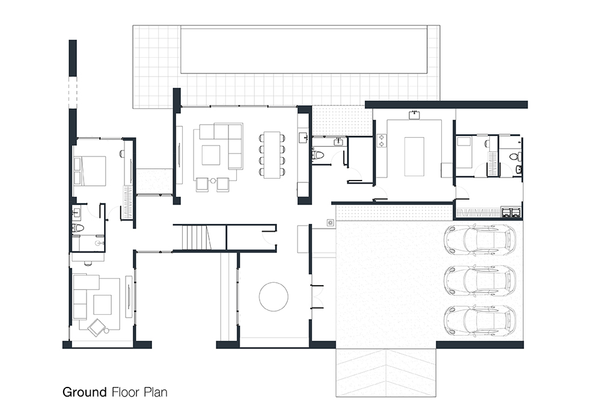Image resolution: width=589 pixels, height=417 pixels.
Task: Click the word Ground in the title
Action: pos(85,392)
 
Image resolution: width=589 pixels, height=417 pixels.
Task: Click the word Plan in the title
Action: pos(156,392)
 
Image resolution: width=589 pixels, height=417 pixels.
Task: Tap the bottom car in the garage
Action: pos(480,321)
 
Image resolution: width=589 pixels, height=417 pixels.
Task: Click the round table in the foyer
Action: pos(273,297)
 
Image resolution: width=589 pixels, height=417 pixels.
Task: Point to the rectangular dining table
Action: pos(272,155)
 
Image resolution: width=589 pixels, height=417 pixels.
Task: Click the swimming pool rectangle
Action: pos(304,49)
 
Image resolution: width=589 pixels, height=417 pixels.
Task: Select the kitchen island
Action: pos(414,156)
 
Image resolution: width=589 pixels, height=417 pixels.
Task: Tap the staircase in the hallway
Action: pos(195,237)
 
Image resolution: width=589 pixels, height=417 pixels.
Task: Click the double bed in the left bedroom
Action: pos(90,171)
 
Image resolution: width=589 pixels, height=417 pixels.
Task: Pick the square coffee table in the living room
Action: pos(211,155)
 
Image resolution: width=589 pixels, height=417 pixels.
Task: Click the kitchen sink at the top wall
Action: pos(414,115)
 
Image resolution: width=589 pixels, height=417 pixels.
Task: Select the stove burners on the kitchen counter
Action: pos(382,140)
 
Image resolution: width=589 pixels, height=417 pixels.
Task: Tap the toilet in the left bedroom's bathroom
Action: pos(78,227)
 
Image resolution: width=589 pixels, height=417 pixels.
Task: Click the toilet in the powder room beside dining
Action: pos(317,155)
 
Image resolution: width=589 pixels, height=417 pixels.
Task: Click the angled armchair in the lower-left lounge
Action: pos(97,327)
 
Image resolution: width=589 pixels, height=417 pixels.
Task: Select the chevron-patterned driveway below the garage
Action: pos(386,372)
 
